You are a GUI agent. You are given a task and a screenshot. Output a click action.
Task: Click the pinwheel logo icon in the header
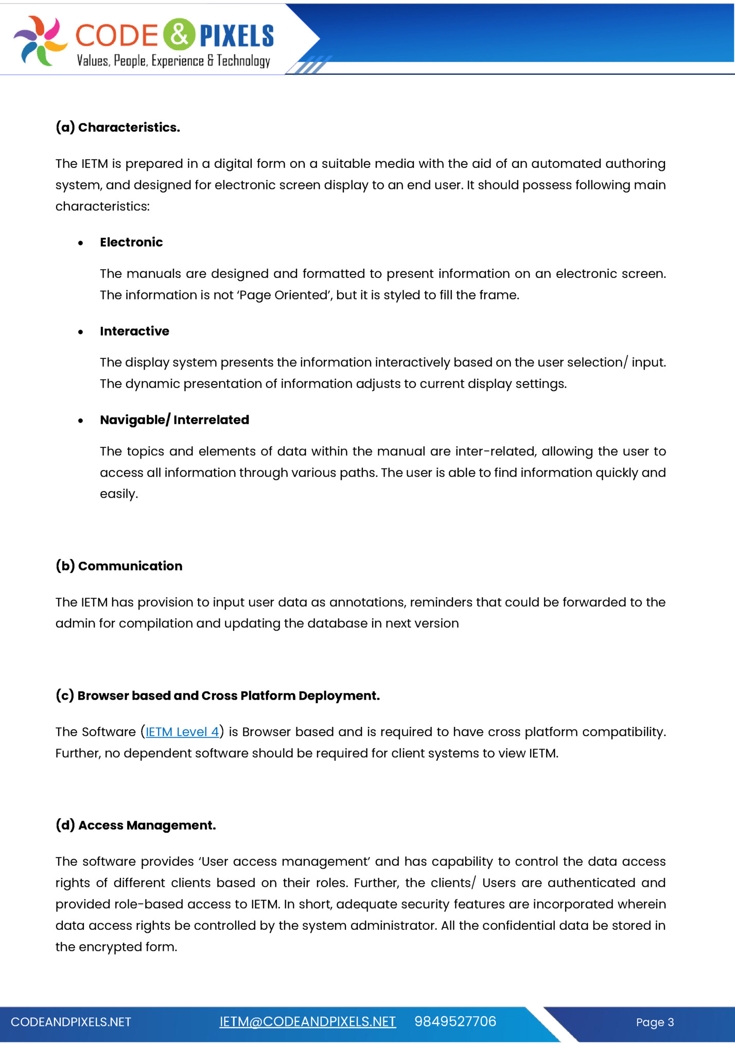click(40, 41)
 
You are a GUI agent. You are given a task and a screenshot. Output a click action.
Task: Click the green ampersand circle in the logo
click(179, 34)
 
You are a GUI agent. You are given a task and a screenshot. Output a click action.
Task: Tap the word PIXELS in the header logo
click(237, 36)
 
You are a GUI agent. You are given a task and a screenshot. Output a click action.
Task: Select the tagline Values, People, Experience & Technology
click(173, 61)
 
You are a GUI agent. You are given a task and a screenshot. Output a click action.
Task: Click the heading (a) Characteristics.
click(118, 127)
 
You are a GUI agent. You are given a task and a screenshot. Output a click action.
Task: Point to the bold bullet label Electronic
click(131, 242)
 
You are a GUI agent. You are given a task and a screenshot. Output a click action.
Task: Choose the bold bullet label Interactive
click(134, 331)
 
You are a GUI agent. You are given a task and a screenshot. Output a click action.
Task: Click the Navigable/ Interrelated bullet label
click(174, 420)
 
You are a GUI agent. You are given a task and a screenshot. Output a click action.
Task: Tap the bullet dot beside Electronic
click(81, 243)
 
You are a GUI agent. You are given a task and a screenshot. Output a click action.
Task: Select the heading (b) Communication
click(119, 566)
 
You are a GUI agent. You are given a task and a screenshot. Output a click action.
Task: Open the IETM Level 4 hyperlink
click(182, 732)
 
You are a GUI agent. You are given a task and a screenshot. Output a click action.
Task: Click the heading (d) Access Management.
click(136, 825)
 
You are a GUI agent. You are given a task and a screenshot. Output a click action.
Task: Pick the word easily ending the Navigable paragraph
click(118, 494)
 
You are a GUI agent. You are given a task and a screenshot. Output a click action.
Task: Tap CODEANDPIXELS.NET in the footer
click(71, 1022)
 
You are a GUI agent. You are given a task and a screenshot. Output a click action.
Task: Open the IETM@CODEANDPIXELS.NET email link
click(307, 1022)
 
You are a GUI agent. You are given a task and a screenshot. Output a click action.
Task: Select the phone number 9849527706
click(455, 1021)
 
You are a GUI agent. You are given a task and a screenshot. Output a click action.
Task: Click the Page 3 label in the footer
click(655, 1022)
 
